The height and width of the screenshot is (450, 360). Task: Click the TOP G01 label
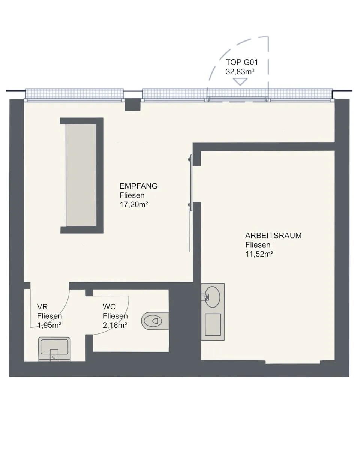[x=242, y=62]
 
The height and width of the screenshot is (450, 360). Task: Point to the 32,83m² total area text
[x=240, y=72]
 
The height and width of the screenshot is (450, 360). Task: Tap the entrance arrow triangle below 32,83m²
[x=240, y=81]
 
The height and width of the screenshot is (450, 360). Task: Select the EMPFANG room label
[x=138, y=186]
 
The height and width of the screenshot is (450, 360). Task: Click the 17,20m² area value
[x=133, y=204]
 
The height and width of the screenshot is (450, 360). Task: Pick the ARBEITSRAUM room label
[x=273, y=235]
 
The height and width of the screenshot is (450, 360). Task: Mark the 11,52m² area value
[x=259, y=254]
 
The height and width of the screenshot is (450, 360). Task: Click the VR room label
[x=42, y=306]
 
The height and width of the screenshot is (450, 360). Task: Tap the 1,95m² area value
[x=49, y=325]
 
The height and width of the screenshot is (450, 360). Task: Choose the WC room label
[x=109, y=306]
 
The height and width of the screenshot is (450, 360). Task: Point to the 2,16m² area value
[x=115, y=325]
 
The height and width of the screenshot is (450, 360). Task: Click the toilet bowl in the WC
[x=155, y=321]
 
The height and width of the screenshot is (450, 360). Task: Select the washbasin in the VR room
[x=54, y=349]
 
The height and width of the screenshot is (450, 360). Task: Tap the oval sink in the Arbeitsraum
[x=213, y=297]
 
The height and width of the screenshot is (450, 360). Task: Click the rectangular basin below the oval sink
[x=213, y=324]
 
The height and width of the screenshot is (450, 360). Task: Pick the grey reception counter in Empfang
[x=81, y=175]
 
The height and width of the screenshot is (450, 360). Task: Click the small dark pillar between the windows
[x=133, y=104]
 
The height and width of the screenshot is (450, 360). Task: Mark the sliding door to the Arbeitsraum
[x=191, y=183]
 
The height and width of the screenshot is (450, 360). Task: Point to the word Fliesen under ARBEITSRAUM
[x=258, y=244]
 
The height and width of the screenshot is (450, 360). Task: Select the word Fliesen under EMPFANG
[x=132, y=195]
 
